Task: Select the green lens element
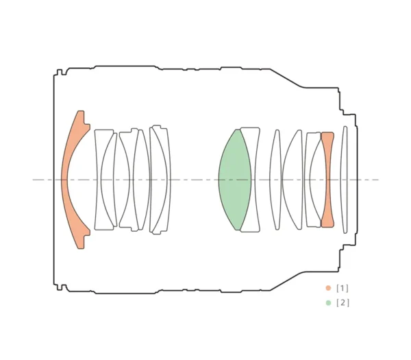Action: point(234,180)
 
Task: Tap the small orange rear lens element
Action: point(328,180)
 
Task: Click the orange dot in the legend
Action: point(328,288)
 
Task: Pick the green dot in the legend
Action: point(328,303)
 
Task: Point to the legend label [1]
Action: point(342,289)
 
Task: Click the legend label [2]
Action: point(342,303)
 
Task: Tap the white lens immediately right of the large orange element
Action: point(99,180)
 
